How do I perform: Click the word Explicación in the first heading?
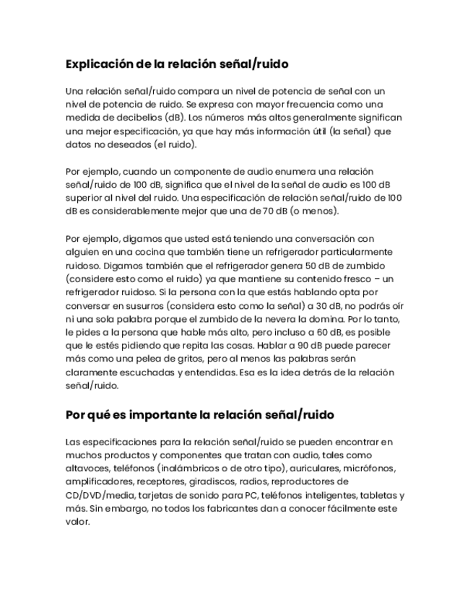100,64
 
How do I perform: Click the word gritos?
191,359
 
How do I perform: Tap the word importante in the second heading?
159,415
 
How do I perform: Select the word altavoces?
87,468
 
